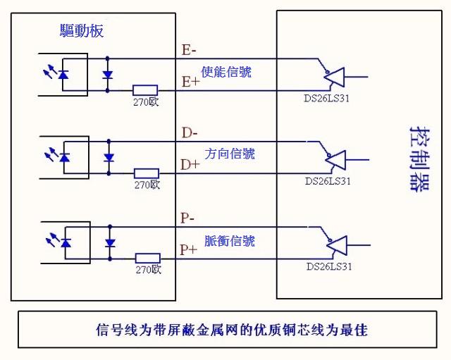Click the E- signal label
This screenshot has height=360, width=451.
(x=189, y=50)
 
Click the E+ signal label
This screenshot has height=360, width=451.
(x=190, y=82)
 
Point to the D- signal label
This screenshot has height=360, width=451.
(x=190, y=132)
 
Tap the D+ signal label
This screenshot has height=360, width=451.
(x=190, y=165)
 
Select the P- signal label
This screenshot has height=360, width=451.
(x=187, y=218)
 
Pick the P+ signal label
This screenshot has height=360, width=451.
(x=188, y=249)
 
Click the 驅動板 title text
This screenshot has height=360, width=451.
(x=82, y=31)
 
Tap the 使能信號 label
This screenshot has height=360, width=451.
(x=225, y=72)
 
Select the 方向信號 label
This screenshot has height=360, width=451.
(x=230, y=154)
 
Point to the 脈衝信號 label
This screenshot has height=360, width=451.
(x=230, y=241)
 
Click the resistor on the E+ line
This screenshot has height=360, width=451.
(x=145, y=89)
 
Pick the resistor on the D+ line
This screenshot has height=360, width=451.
(x=147, y=173)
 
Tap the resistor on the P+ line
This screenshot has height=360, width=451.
(x=148, y=259)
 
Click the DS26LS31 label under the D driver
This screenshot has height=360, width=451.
(x=328, y=181)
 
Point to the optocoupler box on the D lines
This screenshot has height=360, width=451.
(x=66, y=156)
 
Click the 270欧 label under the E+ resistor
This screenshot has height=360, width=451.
(x=145, y=101)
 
